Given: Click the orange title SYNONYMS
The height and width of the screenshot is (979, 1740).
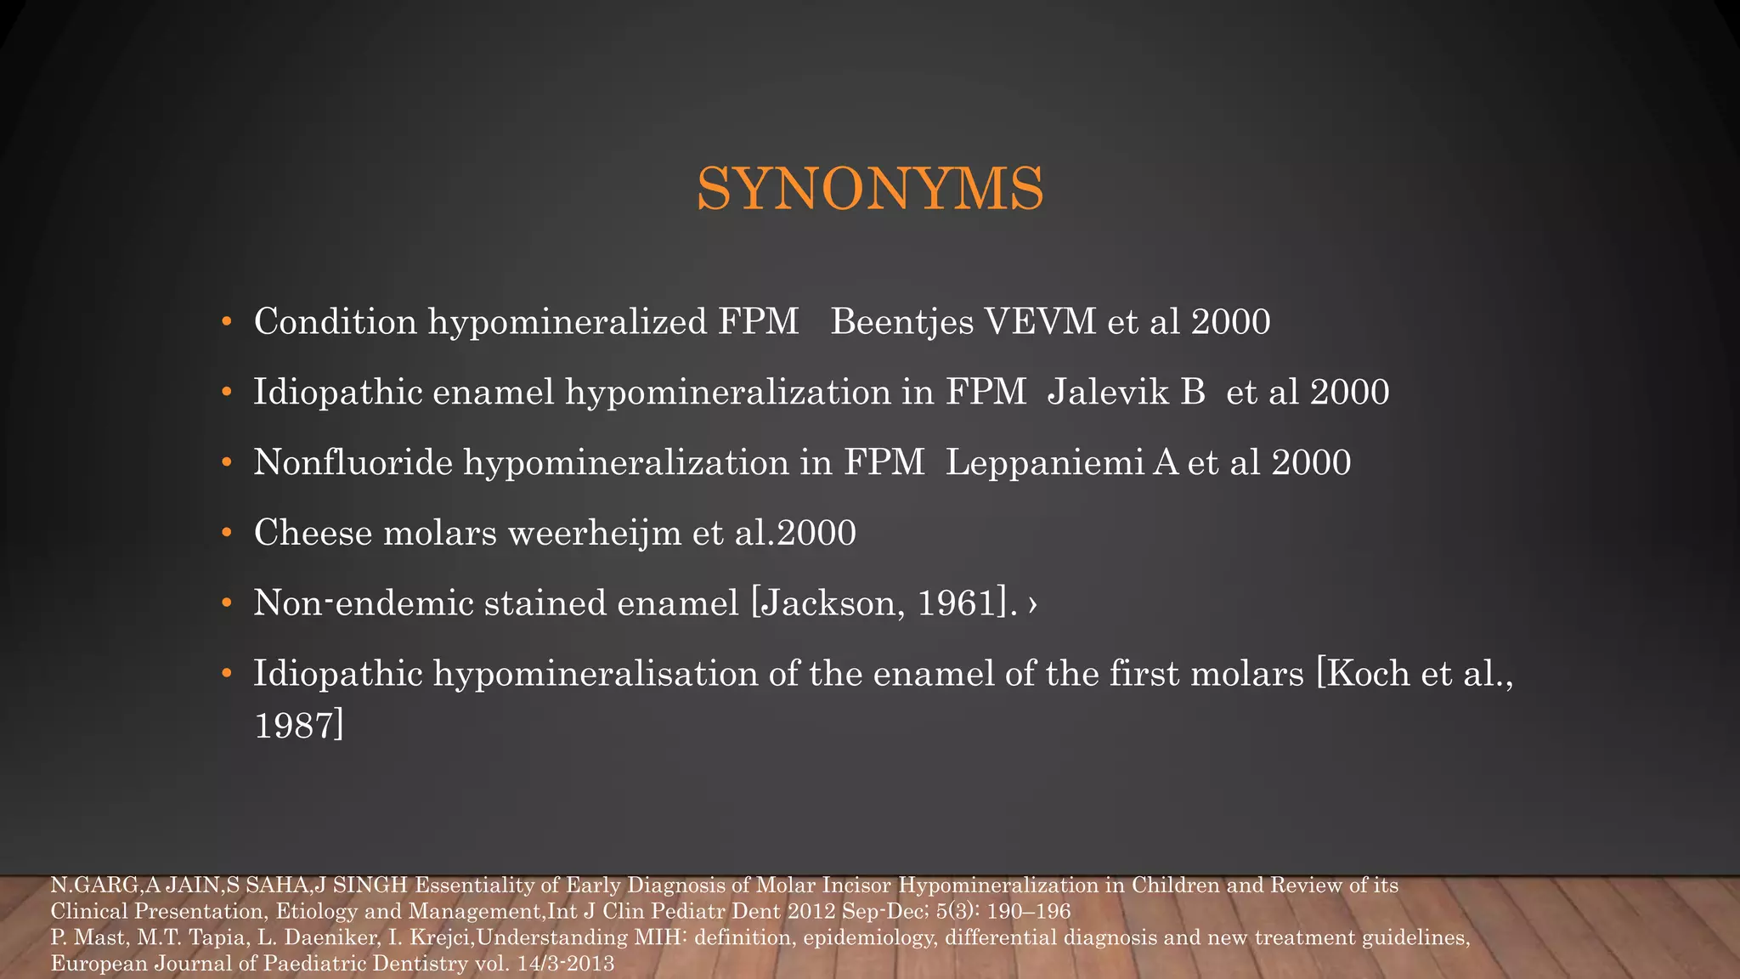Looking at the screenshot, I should [x=870, y=189].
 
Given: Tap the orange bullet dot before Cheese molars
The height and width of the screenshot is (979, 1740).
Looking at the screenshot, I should [x=226, y=533].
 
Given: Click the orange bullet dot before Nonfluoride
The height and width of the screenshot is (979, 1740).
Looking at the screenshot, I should [x=226, y=463].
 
